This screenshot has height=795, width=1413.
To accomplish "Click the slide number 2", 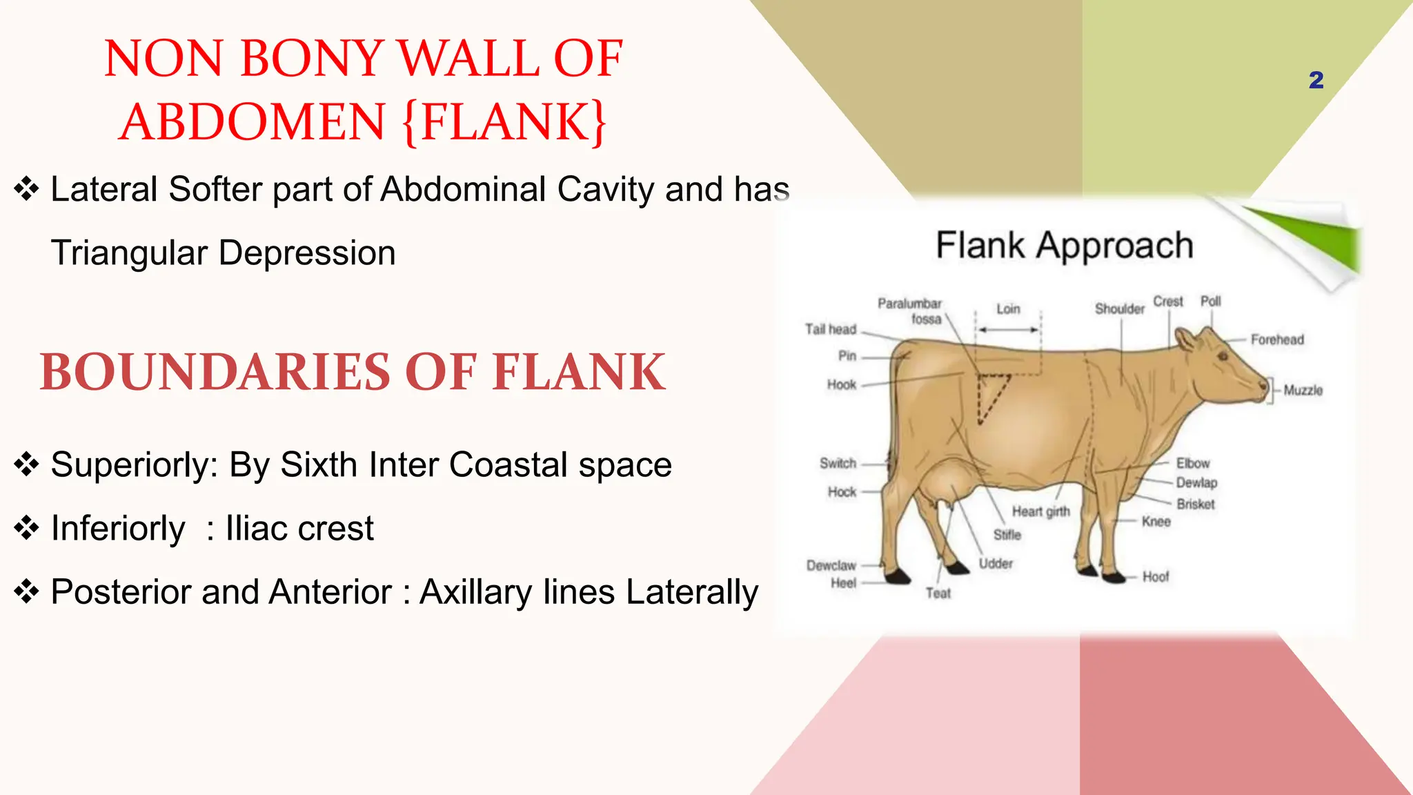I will click(x=1316, y=80).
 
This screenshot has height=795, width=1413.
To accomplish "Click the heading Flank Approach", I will click(x=1064, y=246).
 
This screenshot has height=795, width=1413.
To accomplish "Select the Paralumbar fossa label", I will click(x=910, y=311).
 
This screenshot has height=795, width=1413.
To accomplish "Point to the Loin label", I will click(x=1008, y=309).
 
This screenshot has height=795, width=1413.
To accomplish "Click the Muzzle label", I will click(x=1303, y=391).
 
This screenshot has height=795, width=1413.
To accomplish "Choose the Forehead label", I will click(x=1277, y=340).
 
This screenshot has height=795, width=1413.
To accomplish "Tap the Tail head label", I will click(x=831, y=329).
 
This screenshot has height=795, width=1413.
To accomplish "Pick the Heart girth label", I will click(x=1040, y=511).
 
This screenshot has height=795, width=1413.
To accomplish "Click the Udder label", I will click(x=996, y=564).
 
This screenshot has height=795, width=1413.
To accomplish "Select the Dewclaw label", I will click(x=831, y=566).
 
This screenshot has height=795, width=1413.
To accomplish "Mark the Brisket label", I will click(x=1196, y=504).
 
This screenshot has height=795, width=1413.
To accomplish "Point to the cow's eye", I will click(x=1223, y=357).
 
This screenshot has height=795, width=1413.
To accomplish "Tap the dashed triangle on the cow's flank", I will click(x=991, y=393).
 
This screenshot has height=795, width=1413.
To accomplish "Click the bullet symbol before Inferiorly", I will click(x=26, y=529).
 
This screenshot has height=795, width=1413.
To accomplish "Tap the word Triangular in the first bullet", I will click(x=129, y=253).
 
